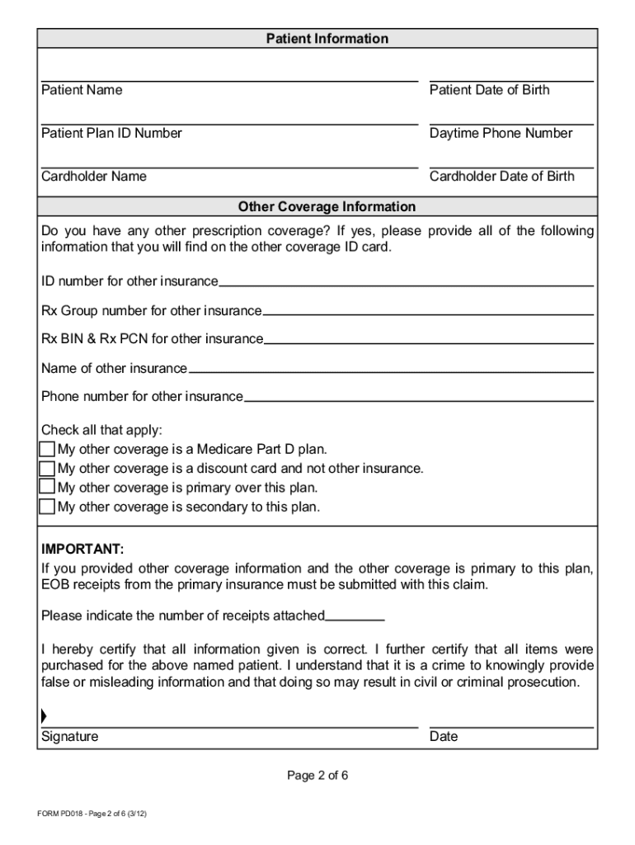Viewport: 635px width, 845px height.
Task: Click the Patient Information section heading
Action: tap(327, 39)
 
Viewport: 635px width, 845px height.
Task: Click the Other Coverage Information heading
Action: tap(327, 206)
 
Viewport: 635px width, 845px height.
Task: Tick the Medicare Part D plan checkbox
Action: tap(48, 449)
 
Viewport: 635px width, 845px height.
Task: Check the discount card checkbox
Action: tap(48, 468)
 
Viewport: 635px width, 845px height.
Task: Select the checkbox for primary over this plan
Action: tap(48, 487)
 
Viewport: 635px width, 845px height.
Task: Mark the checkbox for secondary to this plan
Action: tap(48, 506)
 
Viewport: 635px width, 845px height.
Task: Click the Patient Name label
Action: tap(82, 90)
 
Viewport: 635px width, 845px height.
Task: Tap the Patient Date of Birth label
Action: tap(489, 90)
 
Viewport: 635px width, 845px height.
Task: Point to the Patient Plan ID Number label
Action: tap(111, 133)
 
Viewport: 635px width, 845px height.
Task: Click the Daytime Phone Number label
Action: tap(501, 133)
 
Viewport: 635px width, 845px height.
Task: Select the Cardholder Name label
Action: tap(94, 176)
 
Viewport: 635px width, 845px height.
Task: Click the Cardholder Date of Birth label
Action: tap(501, 176)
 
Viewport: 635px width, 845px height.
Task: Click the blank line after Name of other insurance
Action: tap(390, 370)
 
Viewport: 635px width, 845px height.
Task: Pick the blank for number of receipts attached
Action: tap(355, 616)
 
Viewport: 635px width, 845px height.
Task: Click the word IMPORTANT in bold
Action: tap(82, 549)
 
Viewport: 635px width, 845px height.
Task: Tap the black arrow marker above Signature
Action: tap(44, 716)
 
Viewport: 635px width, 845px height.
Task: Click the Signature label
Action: tap(69, 736)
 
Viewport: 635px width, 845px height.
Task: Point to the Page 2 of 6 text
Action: tap(317, 776)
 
